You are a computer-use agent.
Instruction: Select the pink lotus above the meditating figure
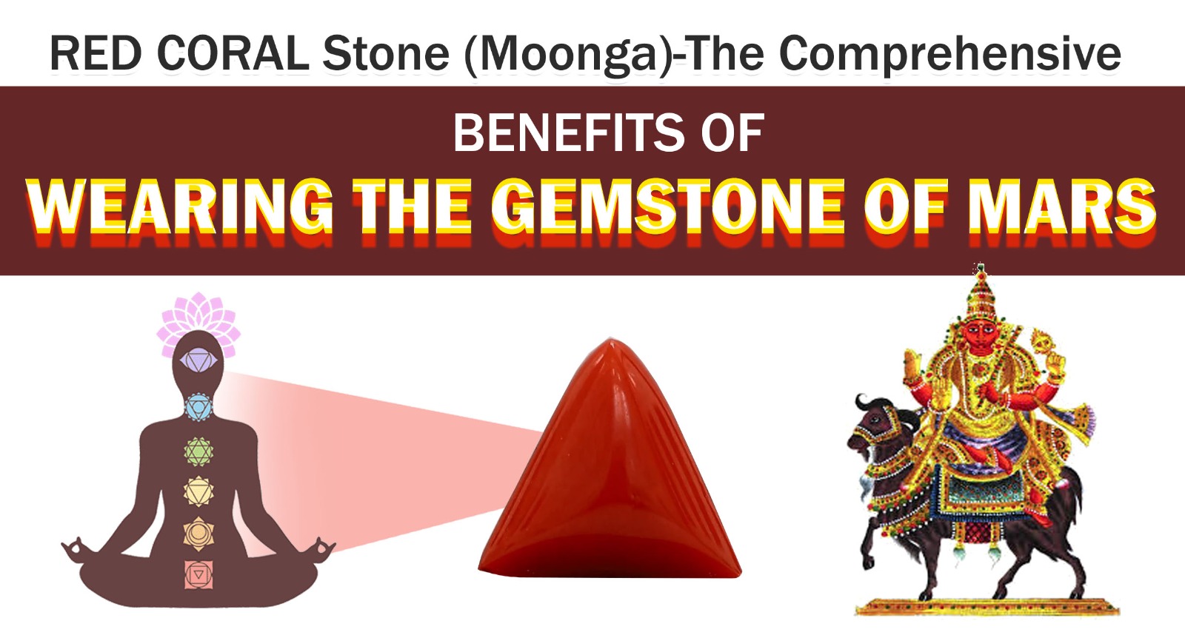(x=198, y=323)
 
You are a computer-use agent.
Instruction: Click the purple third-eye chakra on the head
(x=198, y=361)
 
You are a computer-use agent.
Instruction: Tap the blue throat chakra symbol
(x=198, y=407)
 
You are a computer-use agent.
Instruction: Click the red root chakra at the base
(x=198, y=575)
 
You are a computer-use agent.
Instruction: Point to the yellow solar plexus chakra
(x=198, y=491)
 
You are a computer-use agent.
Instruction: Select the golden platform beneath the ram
(x=987, y=607)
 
